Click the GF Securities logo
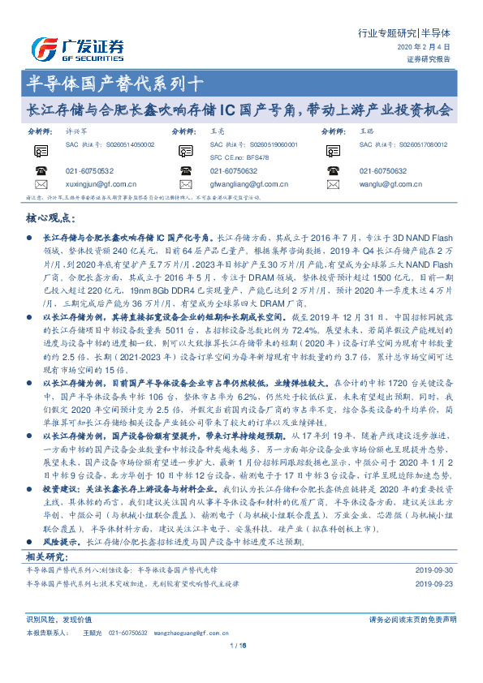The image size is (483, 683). (x=76, y=47)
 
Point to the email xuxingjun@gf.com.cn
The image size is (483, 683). (x=101, y=184)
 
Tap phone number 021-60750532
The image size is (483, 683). (x=89, y=170)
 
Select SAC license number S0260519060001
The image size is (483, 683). (x=267, y=144)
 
